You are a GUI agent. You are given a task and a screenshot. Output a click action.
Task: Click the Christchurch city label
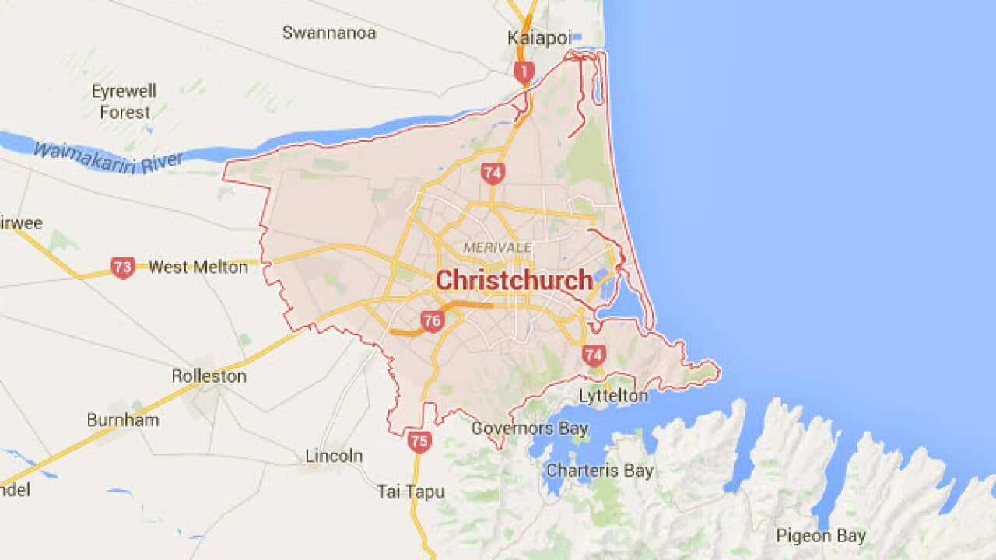click(514, 281)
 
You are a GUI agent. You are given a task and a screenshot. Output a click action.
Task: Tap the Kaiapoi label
click(539, 38)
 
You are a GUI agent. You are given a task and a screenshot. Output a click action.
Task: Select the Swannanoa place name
click(329, 33)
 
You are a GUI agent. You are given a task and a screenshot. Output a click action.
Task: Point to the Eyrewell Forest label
click(124, 102)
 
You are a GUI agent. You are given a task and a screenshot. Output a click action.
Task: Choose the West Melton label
click(198, 268)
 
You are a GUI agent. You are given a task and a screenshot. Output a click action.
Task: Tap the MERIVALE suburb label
click(497, 247)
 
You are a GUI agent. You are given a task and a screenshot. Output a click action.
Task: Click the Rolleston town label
click(209, 376)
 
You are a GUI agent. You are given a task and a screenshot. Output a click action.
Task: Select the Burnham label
click(123, 420)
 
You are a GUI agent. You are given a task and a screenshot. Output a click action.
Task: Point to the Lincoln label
click(334, 456)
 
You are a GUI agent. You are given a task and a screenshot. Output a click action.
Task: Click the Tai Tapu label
click(411, 492)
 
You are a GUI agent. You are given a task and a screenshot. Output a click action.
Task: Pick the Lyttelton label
click(613, 396)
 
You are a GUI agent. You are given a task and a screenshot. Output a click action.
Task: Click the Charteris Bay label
click(600, 471)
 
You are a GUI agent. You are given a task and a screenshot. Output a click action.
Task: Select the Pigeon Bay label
click(820, 536)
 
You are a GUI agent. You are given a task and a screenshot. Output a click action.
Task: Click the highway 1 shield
click(524, 73)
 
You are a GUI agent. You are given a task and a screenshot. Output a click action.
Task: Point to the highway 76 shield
click(432, 320)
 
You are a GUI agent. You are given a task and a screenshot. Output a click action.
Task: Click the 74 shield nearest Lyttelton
click(593, 355)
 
